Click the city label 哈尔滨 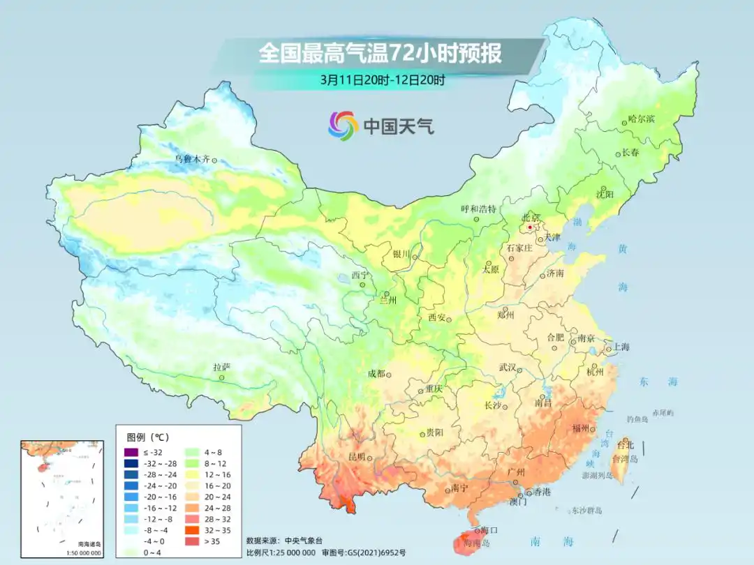click(641, 119)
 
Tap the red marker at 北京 click(530, 227)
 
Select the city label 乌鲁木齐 click(192, 159)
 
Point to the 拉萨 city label click(221, 367)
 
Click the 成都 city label click(376, 373)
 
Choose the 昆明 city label click(356, 456)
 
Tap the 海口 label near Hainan click(489, 530)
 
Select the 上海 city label click(621, 347)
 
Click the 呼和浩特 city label click(478, 209)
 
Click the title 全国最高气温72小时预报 click(380, 54)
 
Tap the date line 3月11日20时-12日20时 click(382, 79)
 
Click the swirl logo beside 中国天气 click(343, 126)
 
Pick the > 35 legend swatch click(191, 541)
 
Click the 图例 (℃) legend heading click(147, 437)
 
